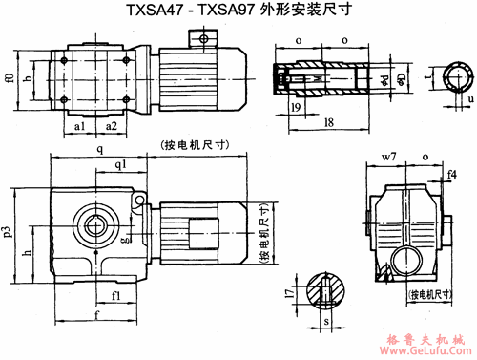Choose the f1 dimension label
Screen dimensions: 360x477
pos(114,296)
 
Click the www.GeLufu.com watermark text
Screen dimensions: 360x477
pos(424,350)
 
